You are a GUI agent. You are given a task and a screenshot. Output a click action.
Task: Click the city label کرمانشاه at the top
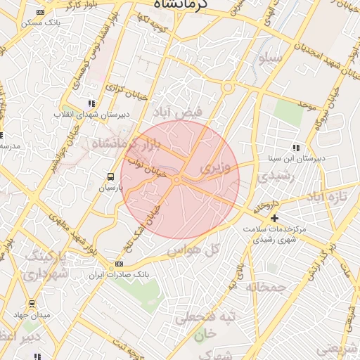[190, 5]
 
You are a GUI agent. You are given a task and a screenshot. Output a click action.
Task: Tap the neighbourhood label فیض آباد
[178, 112]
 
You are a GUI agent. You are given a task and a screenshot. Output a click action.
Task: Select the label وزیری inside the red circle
[215, 169]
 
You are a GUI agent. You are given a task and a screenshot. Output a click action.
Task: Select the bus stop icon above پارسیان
[110, 176]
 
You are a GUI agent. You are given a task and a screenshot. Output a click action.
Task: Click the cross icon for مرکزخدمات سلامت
[274, 219]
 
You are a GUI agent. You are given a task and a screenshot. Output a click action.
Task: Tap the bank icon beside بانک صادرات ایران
[118, 264]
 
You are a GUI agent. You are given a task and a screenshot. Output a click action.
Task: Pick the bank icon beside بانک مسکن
[39, 12]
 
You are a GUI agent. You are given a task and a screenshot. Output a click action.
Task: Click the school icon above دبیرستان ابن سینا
[295, 148]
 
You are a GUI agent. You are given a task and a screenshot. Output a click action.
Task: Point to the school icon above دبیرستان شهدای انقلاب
[90, 103]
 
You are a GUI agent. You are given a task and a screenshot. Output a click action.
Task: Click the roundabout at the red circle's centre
[176, 181]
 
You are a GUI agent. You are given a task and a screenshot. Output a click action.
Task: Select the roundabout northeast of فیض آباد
[228, 88]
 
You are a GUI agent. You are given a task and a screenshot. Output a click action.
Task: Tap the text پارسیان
[110, 188]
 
